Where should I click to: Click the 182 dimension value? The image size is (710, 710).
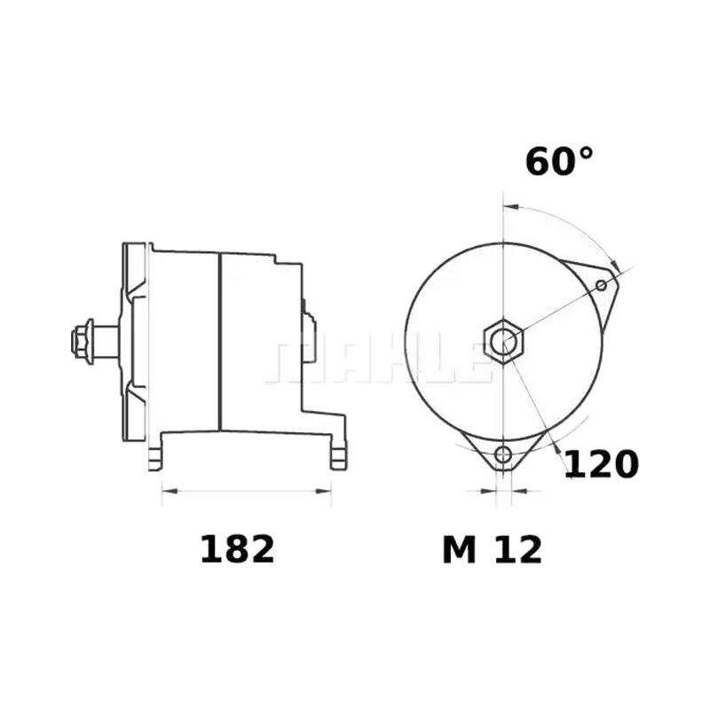pos(237,549)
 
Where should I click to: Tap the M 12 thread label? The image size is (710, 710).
pos(493,549)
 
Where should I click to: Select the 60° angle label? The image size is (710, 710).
pos(559,162)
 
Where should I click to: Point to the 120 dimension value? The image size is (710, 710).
pos(602,463)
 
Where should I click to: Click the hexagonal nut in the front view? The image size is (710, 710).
pos(503,341)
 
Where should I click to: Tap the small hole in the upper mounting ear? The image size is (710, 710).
pos(602,285)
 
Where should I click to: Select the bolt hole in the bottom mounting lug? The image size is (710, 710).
pos(503,454)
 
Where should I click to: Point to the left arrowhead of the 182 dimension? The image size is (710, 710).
pos(170,491)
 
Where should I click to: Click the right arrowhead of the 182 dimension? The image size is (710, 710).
pos(324,491)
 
